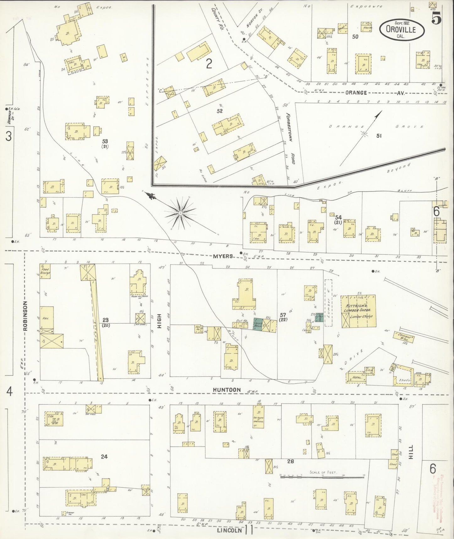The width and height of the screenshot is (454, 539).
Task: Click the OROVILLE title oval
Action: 402,30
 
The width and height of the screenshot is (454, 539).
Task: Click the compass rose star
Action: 181,213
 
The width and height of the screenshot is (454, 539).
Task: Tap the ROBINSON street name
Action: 25,316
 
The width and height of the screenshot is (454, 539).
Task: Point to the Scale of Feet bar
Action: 322,477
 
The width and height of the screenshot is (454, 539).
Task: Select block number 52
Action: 220,111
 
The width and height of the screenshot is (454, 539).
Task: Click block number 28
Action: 290,461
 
